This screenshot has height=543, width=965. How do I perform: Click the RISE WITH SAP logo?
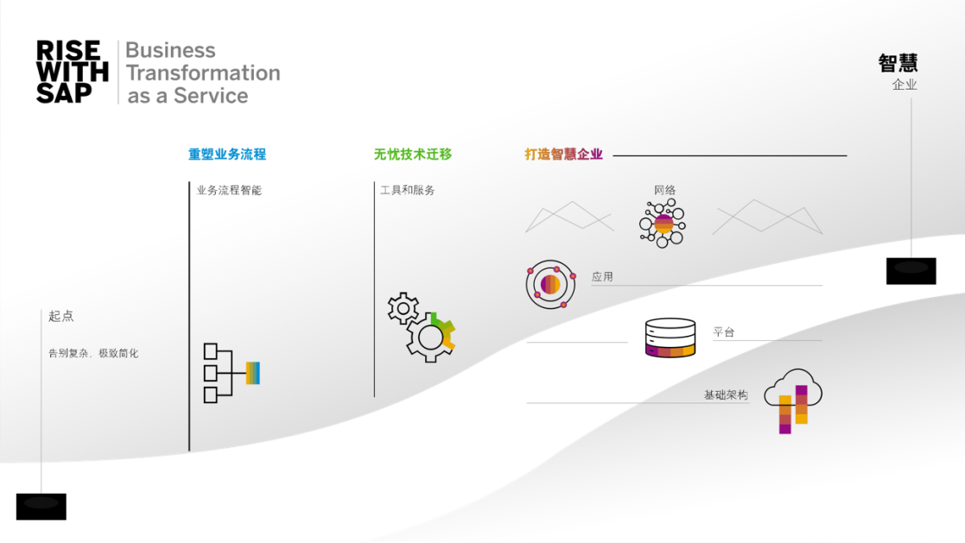[73, 73]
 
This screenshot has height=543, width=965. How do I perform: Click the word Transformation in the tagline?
[204, 73]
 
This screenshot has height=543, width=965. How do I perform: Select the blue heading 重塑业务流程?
[227, 155]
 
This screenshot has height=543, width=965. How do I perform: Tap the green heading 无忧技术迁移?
[412, 155]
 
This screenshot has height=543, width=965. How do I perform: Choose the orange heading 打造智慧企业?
[563, 155]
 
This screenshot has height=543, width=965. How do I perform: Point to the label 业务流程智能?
[229, 190]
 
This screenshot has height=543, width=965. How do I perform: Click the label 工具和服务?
[408, 190]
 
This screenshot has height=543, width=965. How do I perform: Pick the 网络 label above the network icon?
[664, 190]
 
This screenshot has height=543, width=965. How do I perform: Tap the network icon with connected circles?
[663, 224]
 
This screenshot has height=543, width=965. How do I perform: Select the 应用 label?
[602, 277]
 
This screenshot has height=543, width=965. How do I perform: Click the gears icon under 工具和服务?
[422, 326]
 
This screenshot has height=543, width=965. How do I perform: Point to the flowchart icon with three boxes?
[231, 373]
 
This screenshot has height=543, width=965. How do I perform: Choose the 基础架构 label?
[726, 395]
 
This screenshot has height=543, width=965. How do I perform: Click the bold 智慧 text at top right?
[898, 63]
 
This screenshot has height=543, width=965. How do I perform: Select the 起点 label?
[61, 317]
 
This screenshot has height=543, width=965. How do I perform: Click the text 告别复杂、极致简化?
[93, 353]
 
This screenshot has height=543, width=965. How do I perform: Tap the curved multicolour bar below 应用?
[670, 350]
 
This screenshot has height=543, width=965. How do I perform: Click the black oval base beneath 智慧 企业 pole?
[911, 267]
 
